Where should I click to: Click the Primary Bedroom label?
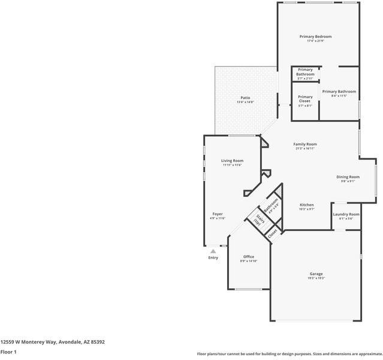coord(315,37)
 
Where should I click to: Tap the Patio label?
coord(245,98)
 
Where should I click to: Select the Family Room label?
coord(304,144)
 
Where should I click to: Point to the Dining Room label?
coord(348,177)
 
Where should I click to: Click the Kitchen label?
coord(306,205)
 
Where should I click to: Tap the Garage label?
coord(316,274)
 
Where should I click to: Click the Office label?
coord(248,257)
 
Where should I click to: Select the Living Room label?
coord(232,161)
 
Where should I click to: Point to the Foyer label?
coord(218,214)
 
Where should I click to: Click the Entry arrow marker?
coord(213,251)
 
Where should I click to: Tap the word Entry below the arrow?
coord(213,258)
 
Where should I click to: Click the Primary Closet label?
coord(305,99)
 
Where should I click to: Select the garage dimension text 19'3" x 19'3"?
coord(316,278)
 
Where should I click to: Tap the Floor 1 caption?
coord(8,352)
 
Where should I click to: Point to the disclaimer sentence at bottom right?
coord(289,354)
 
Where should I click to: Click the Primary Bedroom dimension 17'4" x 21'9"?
coord(315,41)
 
